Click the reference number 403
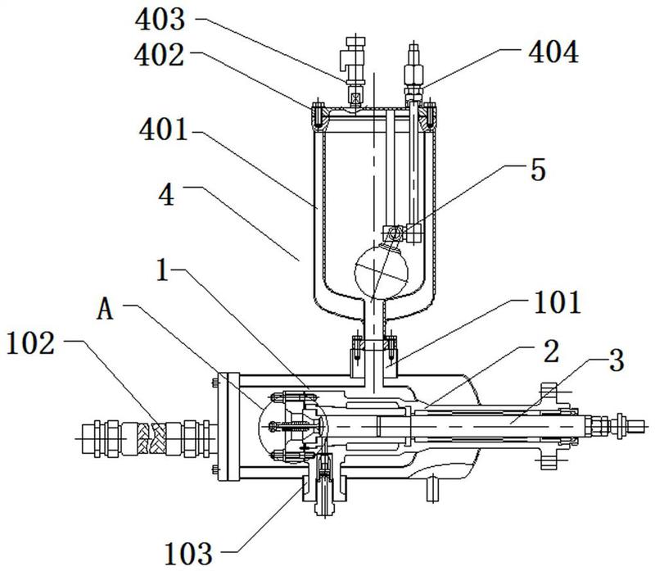(x=160, y=19)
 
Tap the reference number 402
(x=159, y=55)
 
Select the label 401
(x=163, y=129)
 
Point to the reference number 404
(x=553, y=52)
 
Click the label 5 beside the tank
(x=538, y=170)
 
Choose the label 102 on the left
(x=30, y=343)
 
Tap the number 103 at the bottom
(x=188, y=554)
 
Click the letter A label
(x=105, y=310)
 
